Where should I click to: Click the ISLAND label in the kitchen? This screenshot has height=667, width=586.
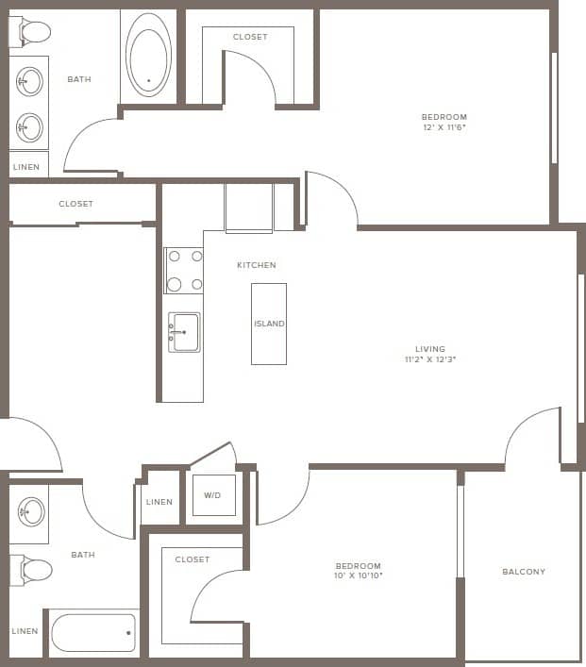(269, 324)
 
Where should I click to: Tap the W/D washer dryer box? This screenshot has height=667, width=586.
(213, 495)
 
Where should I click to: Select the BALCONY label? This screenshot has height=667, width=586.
(524, 572)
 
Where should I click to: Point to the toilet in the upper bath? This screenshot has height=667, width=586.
(31, 32)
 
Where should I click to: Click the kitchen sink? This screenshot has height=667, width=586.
(185, 331)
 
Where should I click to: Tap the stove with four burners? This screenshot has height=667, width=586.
(184, 270)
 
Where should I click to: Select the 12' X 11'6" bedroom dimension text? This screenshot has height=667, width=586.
(444, 127)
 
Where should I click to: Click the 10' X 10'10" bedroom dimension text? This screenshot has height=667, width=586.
(358, 575)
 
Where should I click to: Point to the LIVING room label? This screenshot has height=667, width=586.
(430, 349)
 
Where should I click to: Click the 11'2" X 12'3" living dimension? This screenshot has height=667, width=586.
(430, 359)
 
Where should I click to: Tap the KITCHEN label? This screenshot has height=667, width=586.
(257, 265)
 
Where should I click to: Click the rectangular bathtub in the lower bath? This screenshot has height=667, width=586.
(93, 632)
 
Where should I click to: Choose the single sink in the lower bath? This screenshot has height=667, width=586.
(31, 513)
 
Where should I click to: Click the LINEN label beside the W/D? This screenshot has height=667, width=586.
(159, 502)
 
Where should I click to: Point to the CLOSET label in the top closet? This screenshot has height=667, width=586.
(249, 37)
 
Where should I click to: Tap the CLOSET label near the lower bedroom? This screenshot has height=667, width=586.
(193, 559)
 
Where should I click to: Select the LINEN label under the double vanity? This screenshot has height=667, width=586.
(26, 167)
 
